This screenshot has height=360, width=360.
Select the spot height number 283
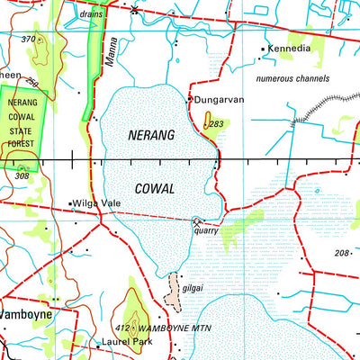pyautogui.click(x=215, y=124)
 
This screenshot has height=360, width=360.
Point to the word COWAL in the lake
pyautogui.click(x=153, y=189)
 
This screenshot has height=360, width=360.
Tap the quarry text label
pyautogui.click(x=206, y=229)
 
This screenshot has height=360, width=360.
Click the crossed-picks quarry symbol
pyautogui.click(x=198, y=220)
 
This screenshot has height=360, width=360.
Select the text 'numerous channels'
pyautogui.click(x=292, y=80)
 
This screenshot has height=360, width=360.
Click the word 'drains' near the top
pyautogui.click(x=90, y=15)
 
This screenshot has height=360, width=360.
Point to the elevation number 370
pyautogui.click(x=30, y=40)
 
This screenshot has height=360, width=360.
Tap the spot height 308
pyautogui.click(x=22, y=177)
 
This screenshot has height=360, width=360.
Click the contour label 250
pyautogui.click(x=32, y=83)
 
